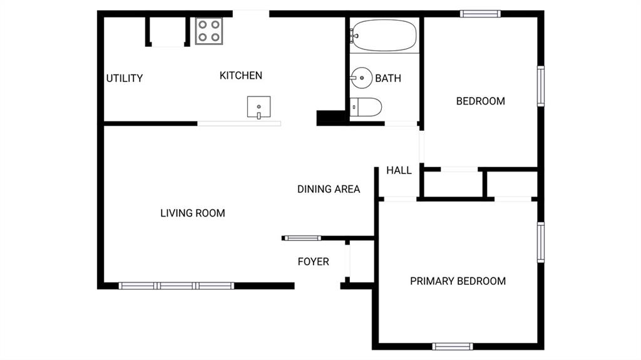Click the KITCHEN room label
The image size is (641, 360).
pyautogui.click(x=241, y=76)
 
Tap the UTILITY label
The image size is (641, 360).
pyautogui.click(x=125, y=78)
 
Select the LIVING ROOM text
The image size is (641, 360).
pyautogui.click(x=193, y=213)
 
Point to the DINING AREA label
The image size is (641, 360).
pyautogui.click(x=329, y=190)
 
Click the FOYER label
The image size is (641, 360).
pyautogui.click(x=313, y=262)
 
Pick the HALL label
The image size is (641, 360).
pyautogui.click(x=399, y=170)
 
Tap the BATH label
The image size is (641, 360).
pyautogui.click(x=388, y=78)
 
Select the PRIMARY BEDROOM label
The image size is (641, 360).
pyautogui.click(x=458, y=281)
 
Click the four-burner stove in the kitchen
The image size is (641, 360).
pyautogui.click(x=209, y=31)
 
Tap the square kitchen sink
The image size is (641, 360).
pyautogui.click(x=259, y=107)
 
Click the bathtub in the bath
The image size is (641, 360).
pyautogui.click(x=384, y=36)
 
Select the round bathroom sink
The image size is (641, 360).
pyautogui.click(x=361, y=78)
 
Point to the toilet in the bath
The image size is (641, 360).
pyautogui.click(x=366, y=107)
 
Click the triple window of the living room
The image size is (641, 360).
pyautogui.click(x=177, y=286)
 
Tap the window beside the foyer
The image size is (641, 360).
pyautogui.click(x=302, y=238)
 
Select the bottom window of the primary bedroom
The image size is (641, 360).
pyautogui.click(x=453, y=347)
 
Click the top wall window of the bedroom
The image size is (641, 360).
pyautogui.click(x=480, y=14)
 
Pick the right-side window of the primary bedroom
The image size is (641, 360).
pyautogui.click(x=541, y=242)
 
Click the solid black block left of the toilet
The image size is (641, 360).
pyautogui.click(x=332, y=118)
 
